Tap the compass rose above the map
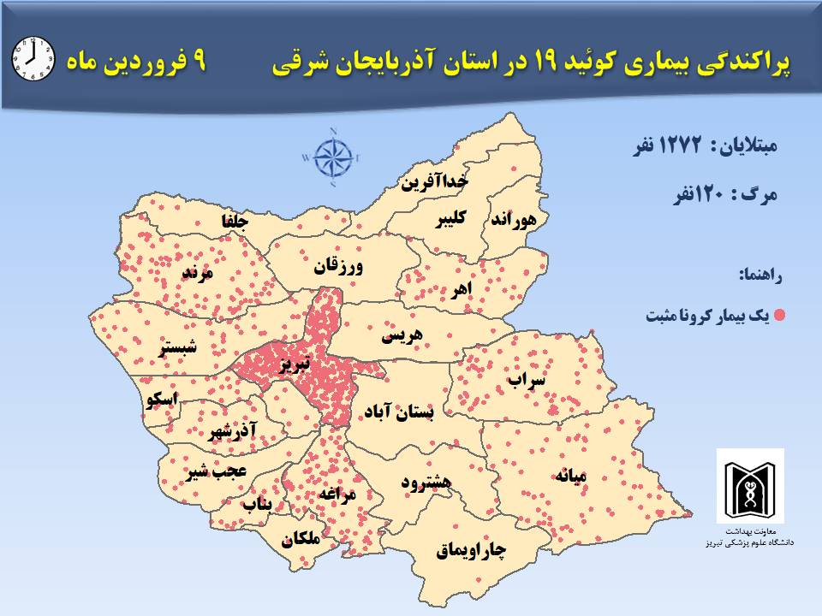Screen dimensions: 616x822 (x=333, y=157)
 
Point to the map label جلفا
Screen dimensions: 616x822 (x=235, y=222)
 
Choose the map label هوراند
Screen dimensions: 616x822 (x=514, y=219)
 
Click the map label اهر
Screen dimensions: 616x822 (x=462, y=290)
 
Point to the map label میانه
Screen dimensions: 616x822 (x=575, y=477)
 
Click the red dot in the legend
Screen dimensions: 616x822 (x=779, y=316)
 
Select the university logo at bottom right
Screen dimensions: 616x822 (x=749, y=486)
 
